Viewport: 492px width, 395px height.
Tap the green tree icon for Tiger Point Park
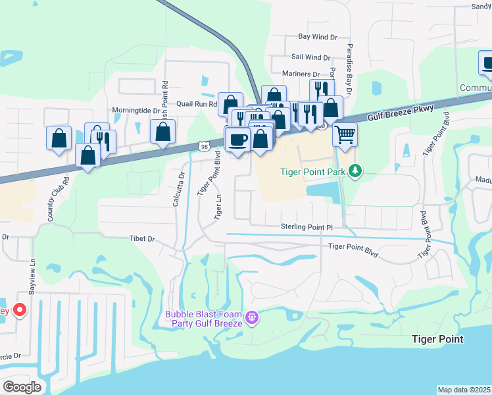356,172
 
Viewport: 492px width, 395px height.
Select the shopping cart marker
345,136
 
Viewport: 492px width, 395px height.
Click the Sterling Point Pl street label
308,227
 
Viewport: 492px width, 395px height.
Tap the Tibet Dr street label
141,239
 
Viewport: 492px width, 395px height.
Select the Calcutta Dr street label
176,188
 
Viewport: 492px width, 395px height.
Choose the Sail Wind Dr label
310,57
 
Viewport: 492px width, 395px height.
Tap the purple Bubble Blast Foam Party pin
251,319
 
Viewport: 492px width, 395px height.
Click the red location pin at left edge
20,309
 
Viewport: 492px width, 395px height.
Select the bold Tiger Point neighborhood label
437,339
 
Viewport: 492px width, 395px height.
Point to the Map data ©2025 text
464,390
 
